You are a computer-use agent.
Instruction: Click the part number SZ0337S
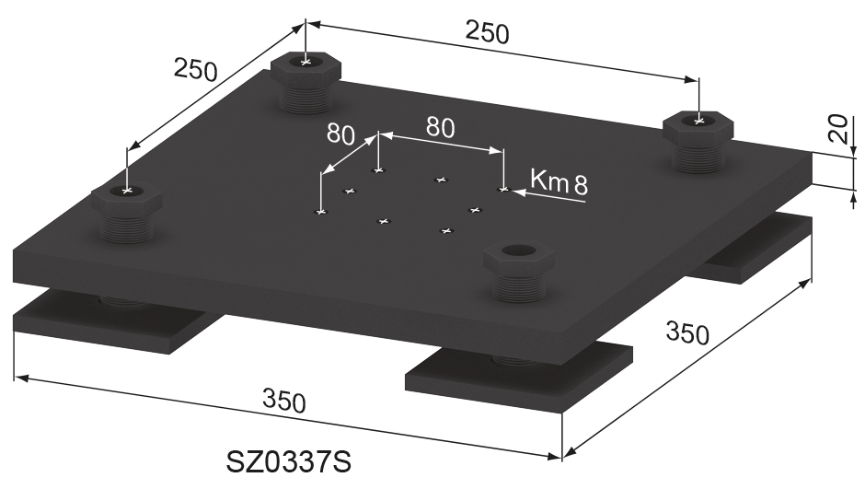pyautogui.click(x=289, y=461)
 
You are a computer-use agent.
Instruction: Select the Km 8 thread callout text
pyautogui.click(x=559, y=181)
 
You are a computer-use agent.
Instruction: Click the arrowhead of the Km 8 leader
pyautogui.click(x=516, y=192)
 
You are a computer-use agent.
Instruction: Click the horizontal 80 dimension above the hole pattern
pyautogui.click(x=439, y=127)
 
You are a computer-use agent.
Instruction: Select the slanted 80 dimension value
pyautogui.click(x=340, y=134)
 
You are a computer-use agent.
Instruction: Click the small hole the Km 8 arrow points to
pyautogui.click(x=502, y=189)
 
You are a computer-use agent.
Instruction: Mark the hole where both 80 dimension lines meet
pyautogui.click(x=377, y=170)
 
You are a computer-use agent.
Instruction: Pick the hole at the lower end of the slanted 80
pyautogui.click(x=320, y=213)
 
